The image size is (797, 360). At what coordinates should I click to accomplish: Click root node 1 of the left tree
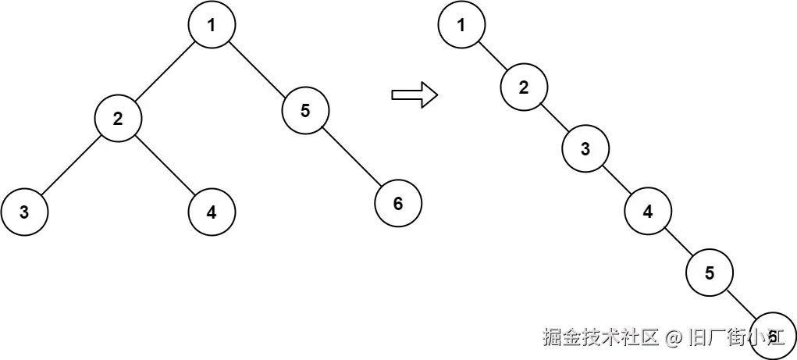pos(212,24)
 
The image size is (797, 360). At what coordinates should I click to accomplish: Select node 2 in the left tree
pos(118,119)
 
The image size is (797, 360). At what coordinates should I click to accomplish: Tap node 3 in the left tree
pos(24,212)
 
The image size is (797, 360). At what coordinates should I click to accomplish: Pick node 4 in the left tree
pos(212,212)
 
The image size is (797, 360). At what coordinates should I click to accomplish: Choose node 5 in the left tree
pos(305,110)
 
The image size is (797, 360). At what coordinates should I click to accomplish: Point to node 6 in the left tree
pos(398,204)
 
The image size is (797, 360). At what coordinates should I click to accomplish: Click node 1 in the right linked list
pos(461,24)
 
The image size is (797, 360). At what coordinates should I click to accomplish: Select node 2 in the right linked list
pos(524,87)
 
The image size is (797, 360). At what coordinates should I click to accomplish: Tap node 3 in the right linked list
pos(585,149)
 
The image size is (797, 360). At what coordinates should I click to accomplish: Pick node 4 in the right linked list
pos(648,211)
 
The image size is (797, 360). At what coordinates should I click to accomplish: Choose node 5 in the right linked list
pos(710,273)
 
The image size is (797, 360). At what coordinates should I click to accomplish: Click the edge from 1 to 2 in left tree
pos(165,71)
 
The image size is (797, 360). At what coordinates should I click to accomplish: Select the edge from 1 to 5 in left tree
pos(258,67)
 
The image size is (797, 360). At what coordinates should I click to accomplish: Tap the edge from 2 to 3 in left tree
pos(71,165)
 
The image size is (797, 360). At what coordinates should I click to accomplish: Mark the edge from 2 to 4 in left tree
pos(165,165)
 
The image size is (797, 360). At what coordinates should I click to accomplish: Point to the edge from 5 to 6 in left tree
pos(351,157)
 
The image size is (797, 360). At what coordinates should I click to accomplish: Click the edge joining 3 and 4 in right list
pos(617,180)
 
